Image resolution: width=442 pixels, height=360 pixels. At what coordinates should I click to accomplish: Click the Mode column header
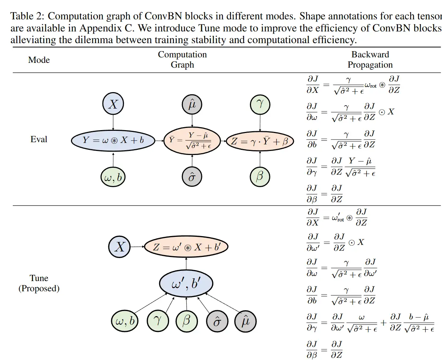point(39,60)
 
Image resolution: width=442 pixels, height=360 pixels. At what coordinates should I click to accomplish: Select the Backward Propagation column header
point(370,60)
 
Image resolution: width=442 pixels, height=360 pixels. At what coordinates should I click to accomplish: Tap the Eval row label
point(39,139)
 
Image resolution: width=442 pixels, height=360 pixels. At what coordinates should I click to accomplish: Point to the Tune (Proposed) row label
point(39,283)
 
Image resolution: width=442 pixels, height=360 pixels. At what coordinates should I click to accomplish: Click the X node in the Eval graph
point(113,105)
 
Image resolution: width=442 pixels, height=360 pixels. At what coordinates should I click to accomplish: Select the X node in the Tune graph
point(120,247)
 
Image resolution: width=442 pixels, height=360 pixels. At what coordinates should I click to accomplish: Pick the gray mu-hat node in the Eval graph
point(192,105)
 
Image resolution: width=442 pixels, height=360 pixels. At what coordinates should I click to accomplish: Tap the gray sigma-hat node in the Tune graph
point(217,321)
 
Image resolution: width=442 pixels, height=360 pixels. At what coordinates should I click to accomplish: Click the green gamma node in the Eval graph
point(260,104)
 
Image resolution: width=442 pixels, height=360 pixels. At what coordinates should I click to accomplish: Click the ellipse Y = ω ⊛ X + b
point(113,140)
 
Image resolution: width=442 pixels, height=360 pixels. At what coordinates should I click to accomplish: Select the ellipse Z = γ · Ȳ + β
point(260,141)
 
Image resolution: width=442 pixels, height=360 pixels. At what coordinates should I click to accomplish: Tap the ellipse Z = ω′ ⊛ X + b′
point(186,247)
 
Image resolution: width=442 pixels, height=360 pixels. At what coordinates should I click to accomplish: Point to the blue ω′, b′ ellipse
point(186,284)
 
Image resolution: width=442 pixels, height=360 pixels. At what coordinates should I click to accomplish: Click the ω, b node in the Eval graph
point(113,178)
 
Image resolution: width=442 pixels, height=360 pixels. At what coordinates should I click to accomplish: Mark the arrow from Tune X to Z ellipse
point(138,247)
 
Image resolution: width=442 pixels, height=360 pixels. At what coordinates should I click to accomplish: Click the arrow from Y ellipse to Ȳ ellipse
point(159,140)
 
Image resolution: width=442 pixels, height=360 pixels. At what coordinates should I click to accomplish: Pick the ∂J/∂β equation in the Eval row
point(325,194)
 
